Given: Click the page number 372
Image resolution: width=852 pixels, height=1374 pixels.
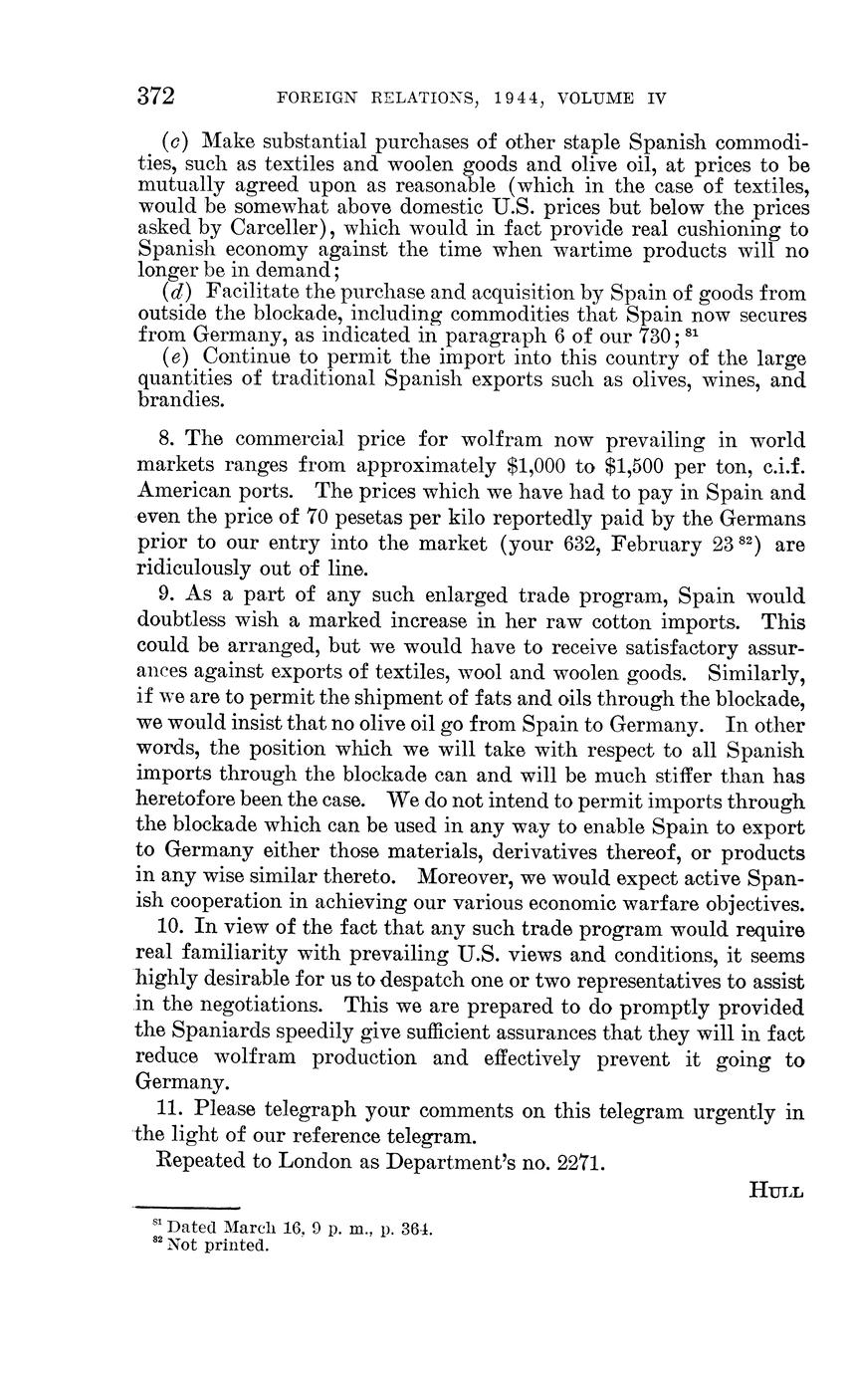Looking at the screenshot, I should tap(156, 97).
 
